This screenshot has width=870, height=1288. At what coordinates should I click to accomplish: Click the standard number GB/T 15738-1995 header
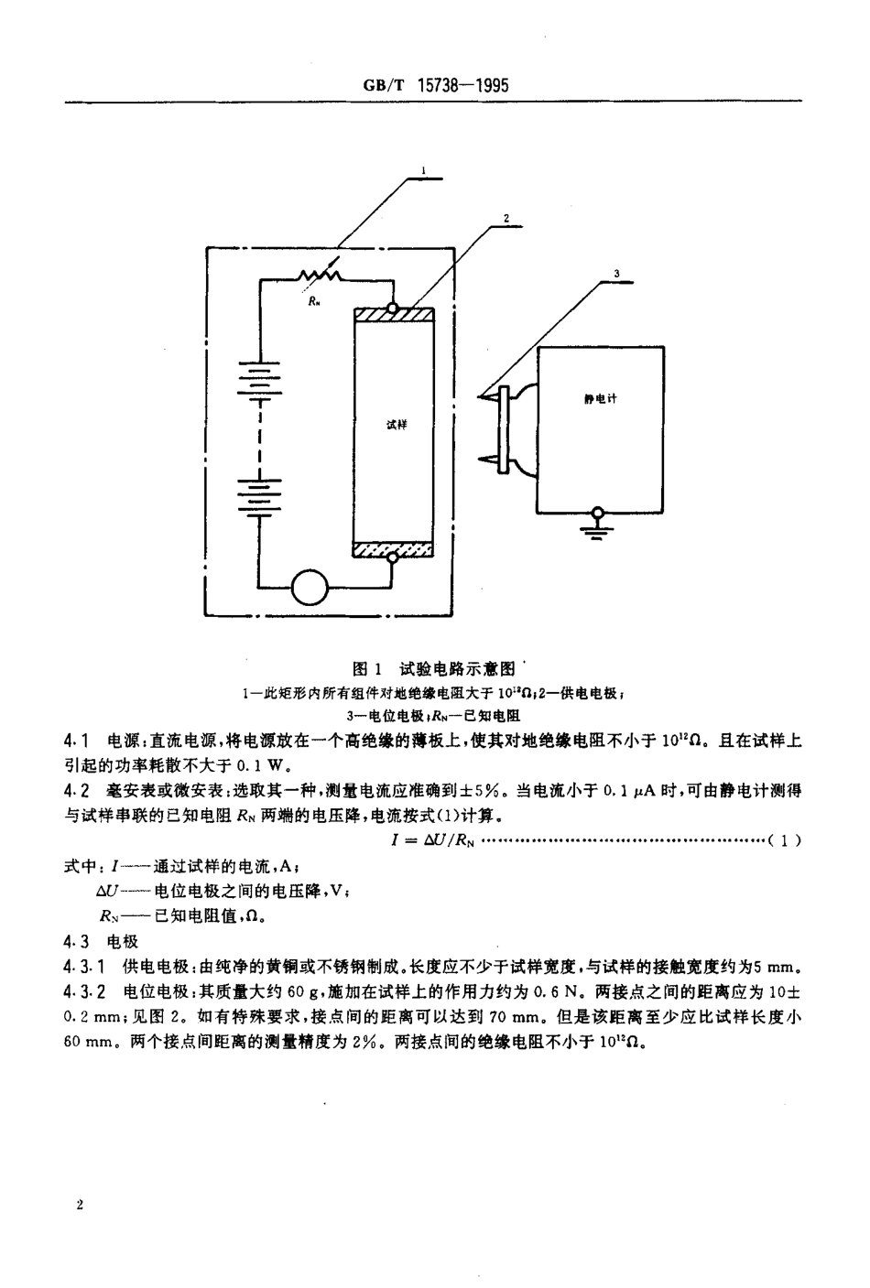pyautogui.click(x=435, y=85)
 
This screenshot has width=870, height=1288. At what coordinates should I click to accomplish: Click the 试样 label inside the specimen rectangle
pyautogui.click(x=396, y=426)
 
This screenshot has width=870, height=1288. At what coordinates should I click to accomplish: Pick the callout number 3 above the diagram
pyautogui.click(x=616, y=273)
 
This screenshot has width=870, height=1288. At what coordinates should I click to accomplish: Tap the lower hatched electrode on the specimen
pyautogui.click(x=394, y=549)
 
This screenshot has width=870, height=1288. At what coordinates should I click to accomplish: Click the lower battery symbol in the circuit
pyautogui.click(x=260, y=494)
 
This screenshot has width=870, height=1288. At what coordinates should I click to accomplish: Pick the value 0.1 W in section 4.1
pyautogui.click(x=275, y=765)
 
